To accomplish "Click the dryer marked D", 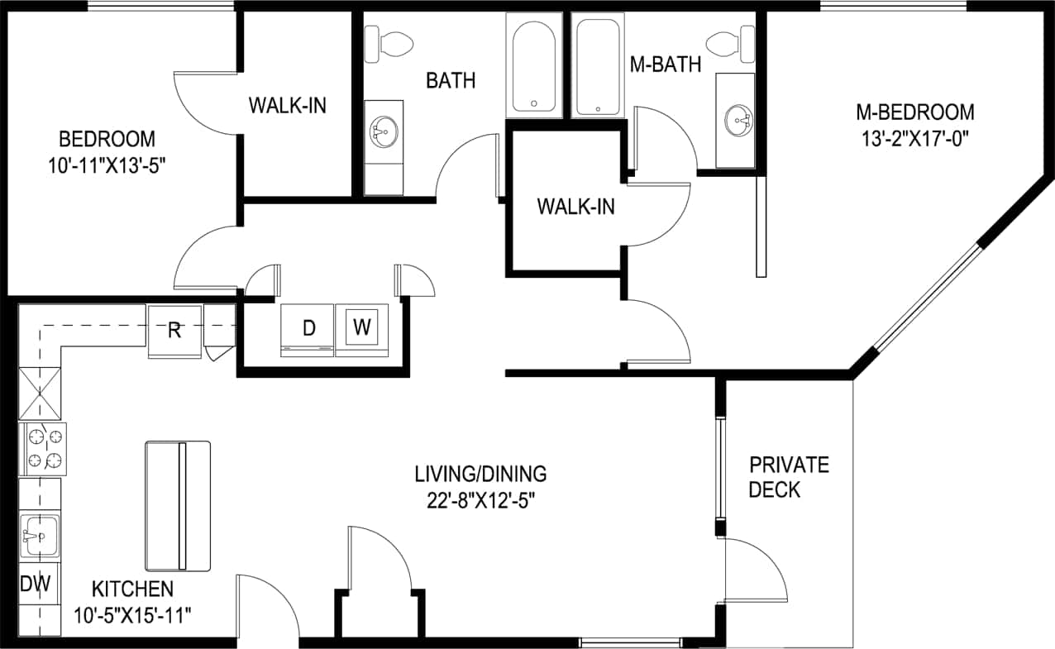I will point(308,330).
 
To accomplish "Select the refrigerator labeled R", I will point(174,332).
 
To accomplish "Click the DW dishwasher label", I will point(36,584).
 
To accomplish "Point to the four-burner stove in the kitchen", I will point(42,448).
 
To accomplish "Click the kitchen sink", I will point(39,535).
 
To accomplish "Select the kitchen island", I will point(178,506).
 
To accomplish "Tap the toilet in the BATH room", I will point(389,43).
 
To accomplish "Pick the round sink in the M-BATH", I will point(738,122).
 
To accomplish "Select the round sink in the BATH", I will point(383,131).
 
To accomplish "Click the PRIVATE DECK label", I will point(788,477).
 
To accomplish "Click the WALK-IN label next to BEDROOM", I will point(287,106).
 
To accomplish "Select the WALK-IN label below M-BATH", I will point(575,207).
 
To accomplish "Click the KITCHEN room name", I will point(132,589).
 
